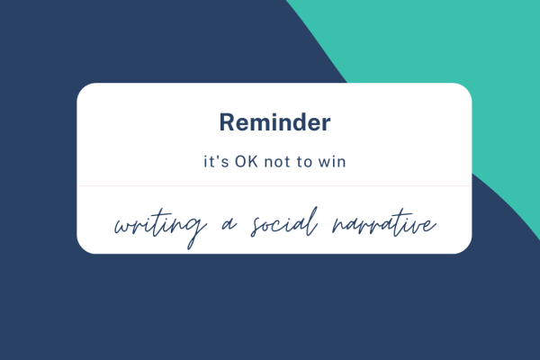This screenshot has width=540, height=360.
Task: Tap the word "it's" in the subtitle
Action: [x=213, y=163]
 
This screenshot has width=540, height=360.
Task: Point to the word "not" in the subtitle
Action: [x=274, y=163]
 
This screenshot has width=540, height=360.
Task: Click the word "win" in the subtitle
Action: [x=328, y=163]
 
